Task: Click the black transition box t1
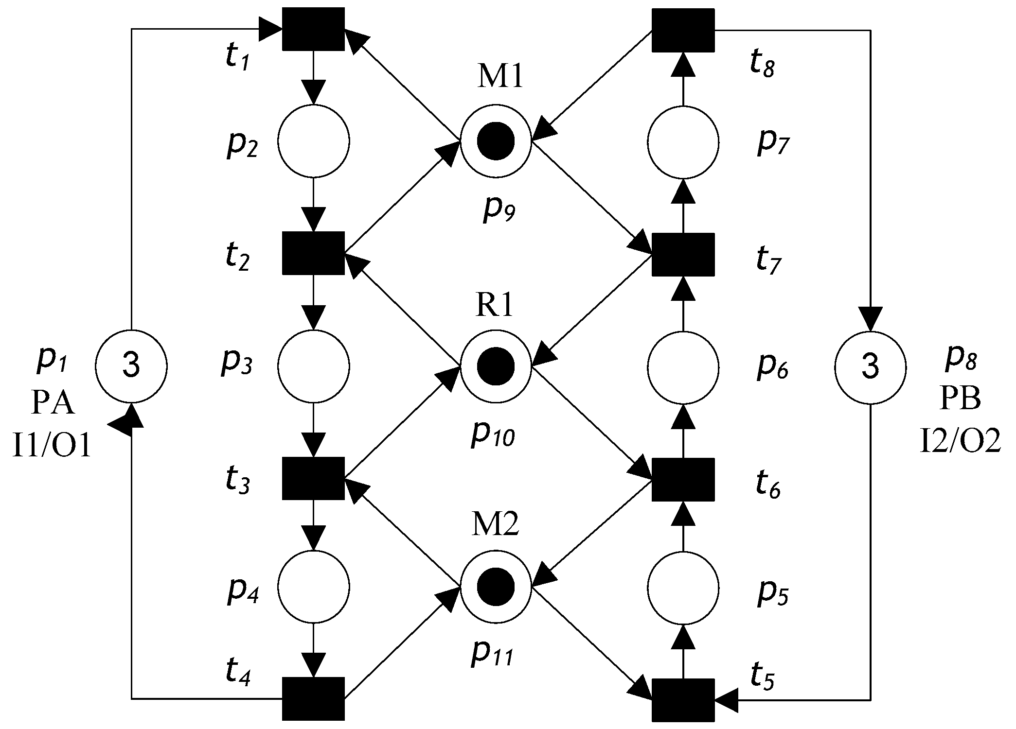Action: click(314, 29)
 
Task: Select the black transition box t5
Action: click(683, 700)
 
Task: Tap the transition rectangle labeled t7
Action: click(683, 254)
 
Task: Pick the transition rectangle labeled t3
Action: click(314, 478)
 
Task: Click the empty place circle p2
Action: click(314, 141)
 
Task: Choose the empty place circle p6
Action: click(683, 367)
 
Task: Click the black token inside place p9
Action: click(496, 141)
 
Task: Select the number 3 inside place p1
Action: click(131, 366)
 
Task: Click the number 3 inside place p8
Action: click(870, 367)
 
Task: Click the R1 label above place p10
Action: click(494, 306)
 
